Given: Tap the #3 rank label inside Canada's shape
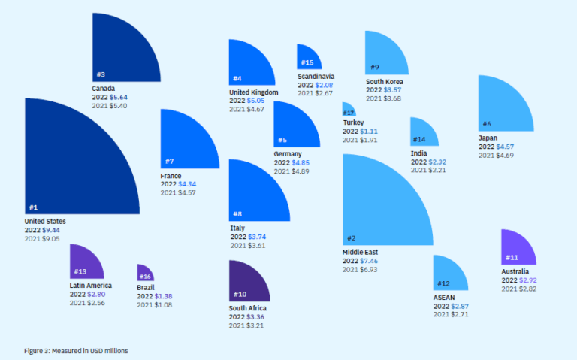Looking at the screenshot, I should click(101, 74).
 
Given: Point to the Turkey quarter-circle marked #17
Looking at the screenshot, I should click(348, 110).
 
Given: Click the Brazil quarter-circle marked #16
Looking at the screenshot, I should click(144, 274).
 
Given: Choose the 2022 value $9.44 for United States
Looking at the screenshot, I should click(51, 230).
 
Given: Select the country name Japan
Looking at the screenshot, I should click(487, 138).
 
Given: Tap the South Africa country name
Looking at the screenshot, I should click(248, 308).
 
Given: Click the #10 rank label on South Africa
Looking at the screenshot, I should click(240, 294).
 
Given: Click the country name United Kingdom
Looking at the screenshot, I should click(254, 92).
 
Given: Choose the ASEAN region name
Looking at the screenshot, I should click(444, 297).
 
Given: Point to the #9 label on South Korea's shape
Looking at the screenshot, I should click(374, 67).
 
